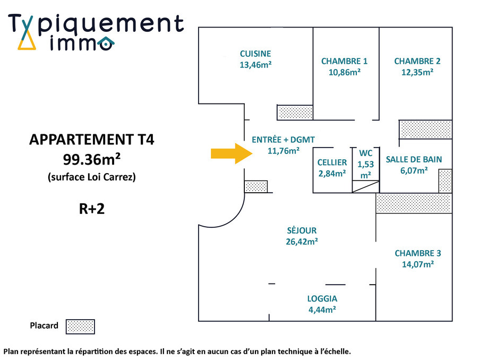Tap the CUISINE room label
click(x=255, y=54)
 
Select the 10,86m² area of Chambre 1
click(x=345, y=72)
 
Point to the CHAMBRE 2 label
click(x=417, y=61)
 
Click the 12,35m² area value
click(x=417, y=72)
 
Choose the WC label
click(x=366, y=153)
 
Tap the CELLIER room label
click(x=332, y=162)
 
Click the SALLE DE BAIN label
click(x=414, y=159)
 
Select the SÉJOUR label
click(x=301, y=230)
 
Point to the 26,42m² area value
click(x=301, y=242)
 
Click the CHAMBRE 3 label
click(x=417, y=253)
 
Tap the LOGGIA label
click(x=322, y=298)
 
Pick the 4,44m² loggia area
click(x=322, y=310)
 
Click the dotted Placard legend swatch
click(x=80, y=327)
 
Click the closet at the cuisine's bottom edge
click(x=295, y=112)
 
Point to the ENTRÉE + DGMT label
click(x=283, y=140)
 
